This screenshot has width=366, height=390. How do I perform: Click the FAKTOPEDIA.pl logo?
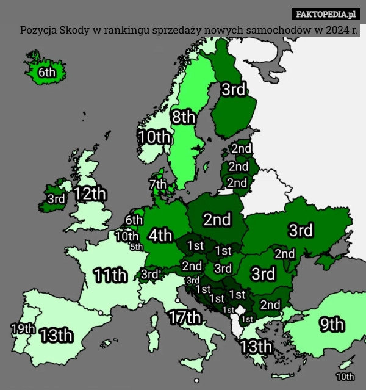click(x=326, y=13)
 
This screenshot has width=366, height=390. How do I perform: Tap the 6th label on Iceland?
click(x=47, y=72)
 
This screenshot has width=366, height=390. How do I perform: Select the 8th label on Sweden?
click(x=183, y=117)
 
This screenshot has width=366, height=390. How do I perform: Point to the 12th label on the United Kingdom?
click(x=90, y=194)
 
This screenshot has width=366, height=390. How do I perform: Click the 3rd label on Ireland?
click(x=56, y=198)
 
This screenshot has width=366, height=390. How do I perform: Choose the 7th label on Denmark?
click(x=157, y=183)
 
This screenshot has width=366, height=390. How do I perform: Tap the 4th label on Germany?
click(x=160, y=235)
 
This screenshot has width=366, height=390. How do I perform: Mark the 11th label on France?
click(x=110, y=275)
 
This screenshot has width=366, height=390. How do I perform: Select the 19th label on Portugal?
click(x=23, y=328)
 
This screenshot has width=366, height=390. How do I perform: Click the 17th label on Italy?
click(x=185, y=317)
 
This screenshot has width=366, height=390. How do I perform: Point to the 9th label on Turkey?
click(x=332, y=324)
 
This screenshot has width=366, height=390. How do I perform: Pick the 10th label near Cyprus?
click(x=345, y=377)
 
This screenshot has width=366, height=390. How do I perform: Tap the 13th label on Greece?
click(x=256, y=346)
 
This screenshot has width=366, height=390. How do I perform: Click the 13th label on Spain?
click(x=57, y=335)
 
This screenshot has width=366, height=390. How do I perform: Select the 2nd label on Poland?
click(x=217, y=218)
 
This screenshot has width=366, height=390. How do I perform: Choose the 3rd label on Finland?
click(x=233, y=90)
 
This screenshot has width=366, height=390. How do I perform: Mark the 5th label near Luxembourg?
click(x=136, y=247)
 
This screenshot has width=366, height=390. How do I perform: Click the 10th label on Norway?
click(x=154, y=137)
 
